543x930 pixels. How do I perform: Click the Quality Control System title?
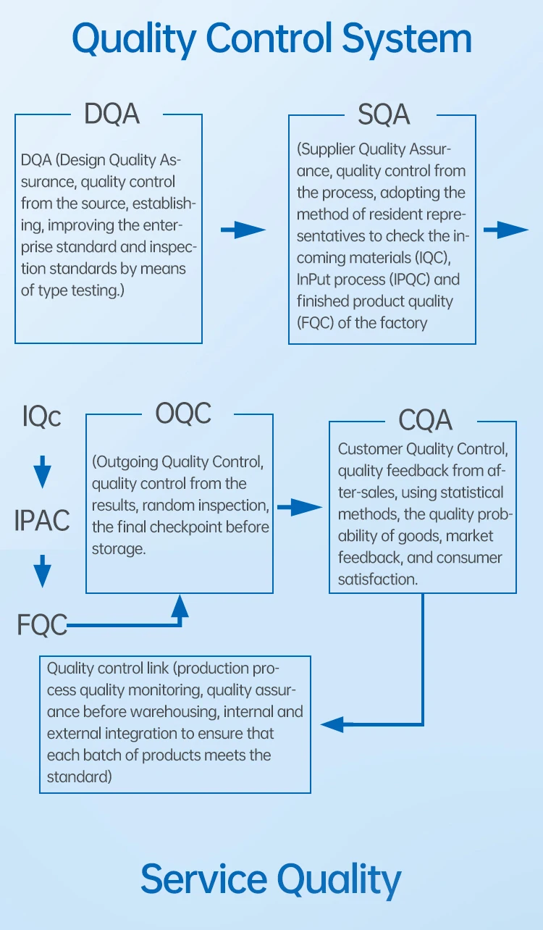(x=271, y=38)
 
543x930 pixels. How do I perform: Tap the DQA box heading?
(x=111, y=114)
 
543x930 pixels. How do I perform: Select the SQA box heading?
(x=384, y=114)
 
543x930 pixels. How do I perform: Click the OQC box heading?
(x=183, y=414)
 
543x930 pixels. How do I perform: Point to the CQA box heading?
(x=425, y=420)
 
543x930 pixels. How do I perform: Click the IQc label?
(x=42, y=416)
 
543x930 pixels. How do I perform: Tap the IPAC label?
(x=42, y=520)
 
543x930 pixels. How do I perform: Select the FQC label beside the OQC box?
(x=42, y=624)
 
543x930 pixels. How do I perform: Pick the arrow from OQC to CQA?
(x=299, y=508)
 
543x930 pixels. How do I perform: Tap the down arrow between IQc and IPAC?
(x=43, y=472)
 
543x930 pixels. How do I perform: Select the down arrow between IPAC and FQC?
(x=43, y=571)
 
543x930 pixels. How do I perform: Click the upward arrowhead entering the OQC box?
(x=179, y=606)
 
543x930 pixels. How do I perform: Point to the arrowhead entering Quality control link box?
(x=332, y=723)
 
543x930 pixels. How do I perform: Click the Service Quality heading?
(x=271, y=879)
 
